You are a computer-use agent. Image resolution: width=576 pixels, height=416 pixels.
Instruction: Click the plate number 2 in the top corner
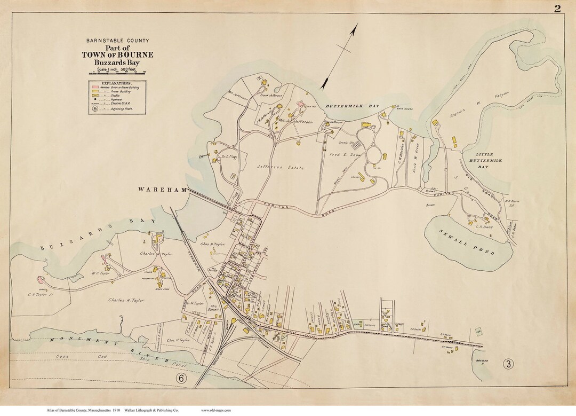point(557,8)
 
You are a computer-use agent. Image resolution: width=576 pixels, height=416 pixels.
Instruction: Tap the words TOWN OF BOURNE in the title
point(117,54)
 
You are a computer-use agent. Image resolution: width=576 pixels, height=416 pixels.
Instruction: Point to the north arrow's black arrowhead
point(324,84)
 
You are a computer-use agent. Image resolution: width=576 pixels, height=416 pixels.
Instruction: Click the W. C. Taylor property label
point(100,273)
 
